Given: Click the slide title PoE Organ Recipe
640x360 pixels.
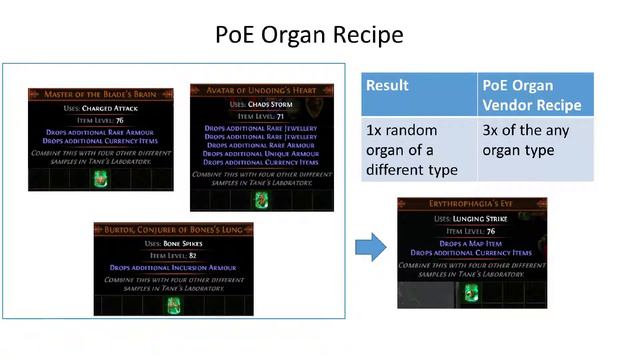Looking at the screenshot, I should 309,35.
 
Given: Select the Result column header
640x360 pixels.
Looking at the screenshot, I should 387,86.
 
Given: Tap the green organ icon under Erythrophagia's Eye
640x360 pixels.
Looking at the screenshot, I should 471,292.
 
